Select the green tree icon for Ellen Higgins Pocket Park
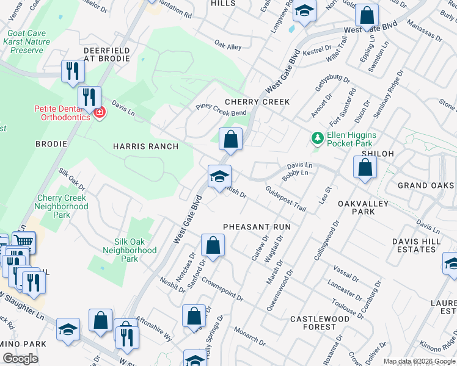[317, 138]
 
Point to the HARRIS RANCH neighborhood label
[145, 146]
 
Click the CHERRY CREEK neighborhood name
[257, 102]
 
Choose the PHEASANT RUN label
[257, 227]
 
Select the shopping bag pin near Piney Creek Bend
[231, 139]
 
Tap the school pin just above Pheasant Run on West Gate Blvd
[219, 177]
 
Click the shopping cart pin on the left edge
[23, 243]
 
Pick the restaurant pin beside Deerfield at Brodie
[72, 71]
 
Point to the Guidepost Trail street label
[286, 199]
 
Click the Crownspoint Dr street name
[222, 292]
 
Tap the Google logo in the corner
[21, 359]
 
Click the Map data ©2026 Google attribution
[419, 361]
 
